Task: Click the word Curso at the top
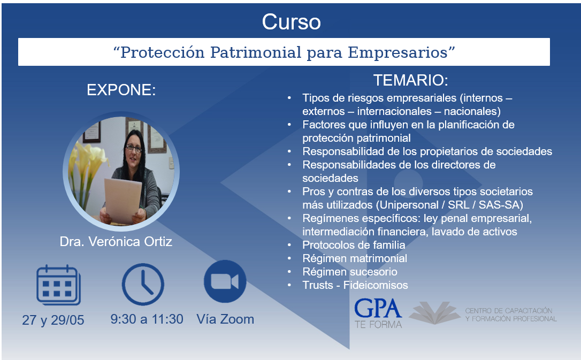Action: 291,22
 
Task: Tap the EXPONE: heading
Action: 121,90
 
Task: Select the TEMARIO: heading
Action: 410,80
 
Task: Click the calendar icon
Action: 58,285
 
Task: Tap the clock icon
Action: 143,284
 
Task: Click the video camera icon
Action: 225,281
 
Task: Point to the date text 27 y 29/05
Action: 53,320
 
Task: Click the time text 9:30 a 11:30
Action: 147,319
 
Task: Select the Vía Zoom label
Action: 225,319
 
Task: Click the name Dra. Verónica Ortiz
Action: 116,241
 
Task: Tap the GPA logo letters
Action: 378,309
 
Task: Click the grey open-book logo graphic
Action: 435,313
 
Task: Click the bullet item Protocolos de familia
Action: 354,245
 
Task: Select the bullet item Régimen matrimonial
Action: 355,258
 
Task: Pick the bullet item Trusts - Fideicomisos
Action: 355,285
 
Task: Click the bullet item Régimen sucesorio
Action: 350,272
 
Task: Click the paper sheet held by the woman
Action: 123,201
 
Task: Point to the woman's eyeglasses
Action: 133,149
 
